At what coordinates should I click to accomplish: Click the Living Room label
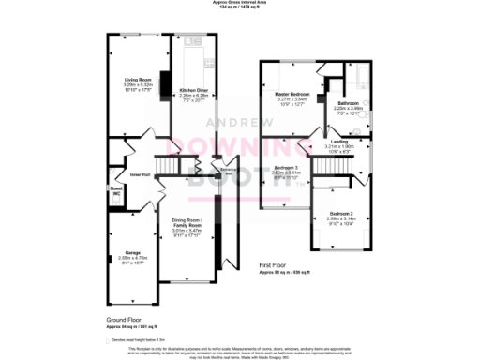(x=138, y=79)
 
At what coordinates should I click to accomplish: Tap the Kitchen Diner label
(x=193, y=90)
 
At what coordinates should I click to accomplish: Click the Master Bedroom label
(x=293, y=95)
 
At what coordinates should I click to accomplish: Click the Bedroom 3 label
(x=285, y=168)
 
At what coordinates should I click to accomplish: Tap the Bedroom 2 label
(x=340, y=214)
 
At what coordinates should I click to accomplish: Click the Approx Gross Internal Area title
(x=240, y=3)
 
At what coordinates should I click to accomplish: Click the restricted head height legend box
(x=109, y=338)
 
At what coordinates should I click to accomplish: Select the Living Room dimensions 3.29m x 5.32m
(x=138, y=84)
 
